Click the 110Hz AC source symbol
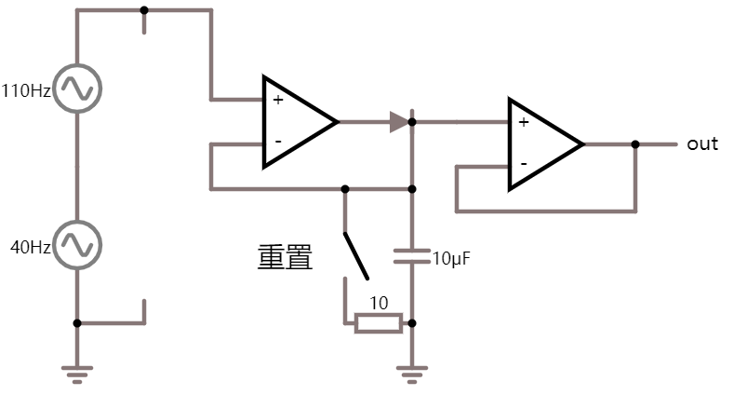pos(76,89)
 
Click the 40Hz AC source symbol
pos(76,244)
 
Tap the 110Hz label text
pos(26,90)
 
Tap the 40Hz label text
pos(31,246)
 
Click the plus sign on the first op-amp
pos(277,100)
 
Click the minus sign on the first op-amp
pos(277,142)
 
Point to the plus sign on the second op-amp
pos(523,122)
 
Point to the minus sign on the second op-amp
pos(523,164)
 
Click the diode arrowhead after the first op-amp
pos(399,121)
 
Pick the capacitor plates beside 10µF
pos(412,256)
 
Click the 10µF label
pos(453,258)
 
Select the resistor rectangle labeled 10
pos(379,323)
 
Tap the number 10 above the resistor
pos(379,303)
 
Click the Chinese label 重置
pos(285,257)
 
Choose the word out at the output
pos(702,144)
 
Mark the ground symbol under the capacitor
pos(412,375)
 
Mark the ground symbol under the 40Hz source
pos(77,375)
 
